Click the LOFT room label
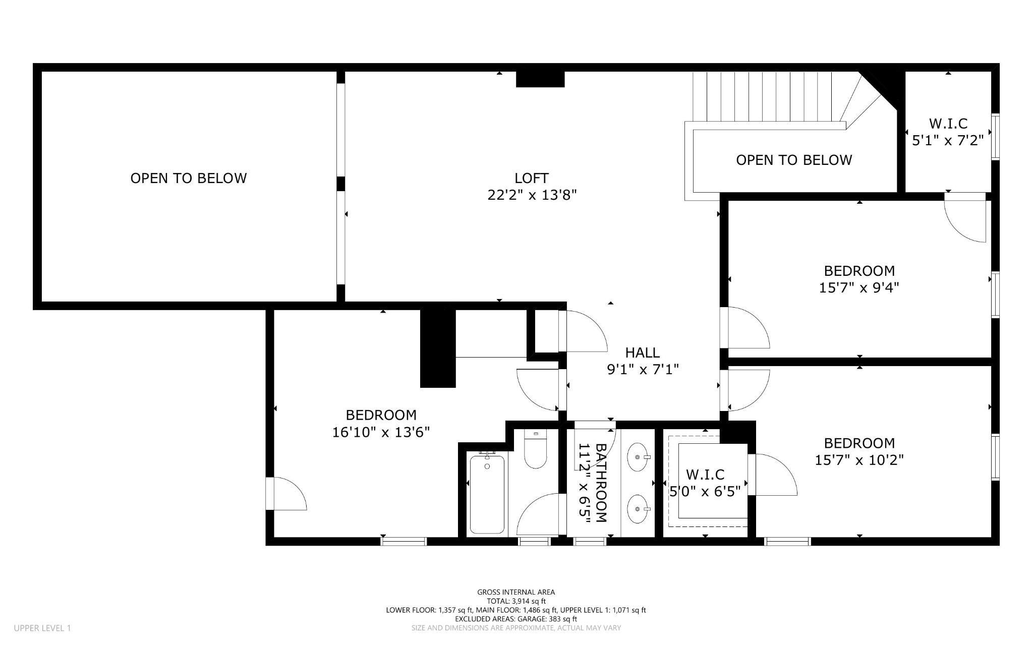[x=532, y=178]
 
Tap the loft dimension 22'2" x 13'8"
[x=532, y=195]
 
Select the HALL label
[x=643, y=353]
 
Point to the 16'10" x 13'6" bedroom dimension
[x=381, y=432]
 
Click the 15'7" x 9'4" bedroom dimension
[x=859, y=287]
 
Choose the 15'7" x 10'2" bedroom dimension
[x=859, y=460]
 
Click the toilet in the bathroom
[x=535, y=448]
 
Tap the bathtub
[x=487, y=493]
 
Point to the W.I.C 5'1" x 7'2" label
[x=948, y=132]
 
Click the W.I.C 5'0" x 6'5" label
[x=705, y=483]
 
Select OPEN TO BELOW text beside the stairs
[x=794, y=160]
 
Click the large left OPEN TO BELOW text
[x=189, y=178]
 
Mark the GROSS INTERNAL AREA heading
[x=516, y=592]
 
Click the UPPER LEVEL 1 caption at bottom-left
[x=42, y=628]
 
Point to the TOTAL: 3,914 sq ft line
[x=516, y=601]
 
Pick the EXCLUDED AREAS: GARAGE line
[x=516, y=619]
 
